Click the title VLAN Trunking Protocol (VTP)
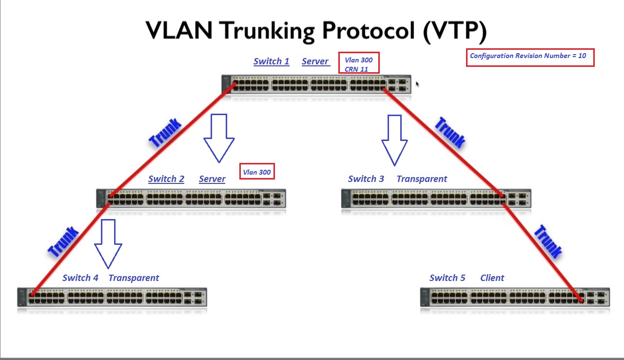point(316,31)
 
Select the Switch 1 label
point(271,61)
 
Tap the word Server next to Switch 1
point(315,61)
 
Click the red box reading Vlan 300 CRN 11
point(359,64)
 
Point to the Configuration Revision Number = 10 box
point(530,58)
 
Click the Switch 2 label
point(166,179)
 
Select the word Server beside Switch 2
point(212,179)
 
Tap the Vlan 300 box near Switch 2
point(257,172)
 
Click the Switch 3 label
point(366,179)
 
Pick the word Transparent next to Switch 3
point(422,179)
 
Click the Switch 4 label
point(80,278)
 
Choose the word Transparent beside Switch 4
point(134,278)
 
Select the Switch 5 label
point(447,278)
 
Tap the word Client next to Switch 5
point(492,278)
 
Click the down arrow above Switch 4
point(108,243)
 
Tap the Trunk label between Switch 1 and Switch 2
point(165,133)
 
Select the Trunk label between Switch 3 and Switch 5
point(547,241)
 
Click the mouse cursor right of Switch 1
point(417,84)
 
